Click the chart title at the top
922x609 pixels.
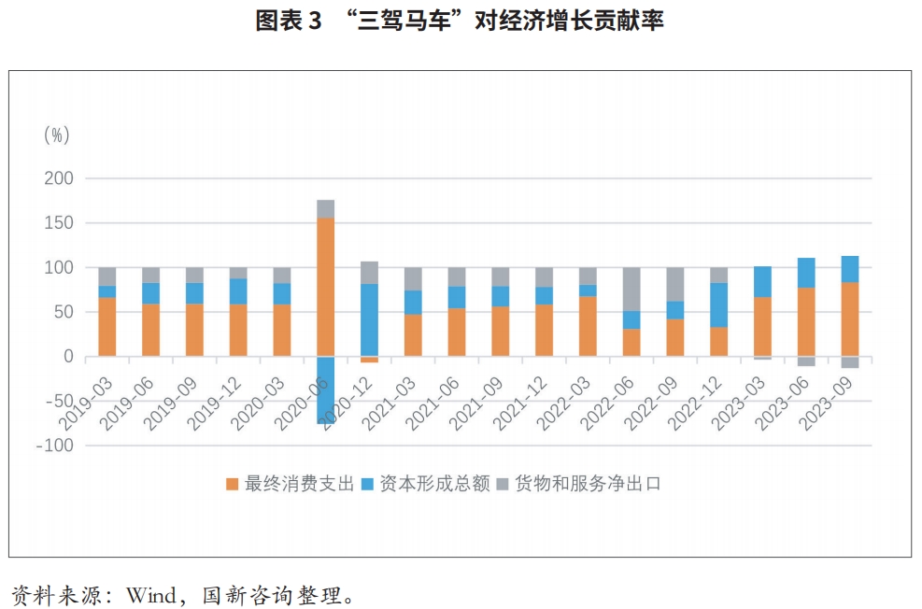point(460,21)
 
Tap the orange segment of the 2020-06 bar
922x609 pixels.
point(326,287)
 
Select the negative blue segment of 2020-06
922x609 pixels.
point(326,389)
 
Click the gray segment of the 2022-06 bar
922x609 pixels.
point(631,290)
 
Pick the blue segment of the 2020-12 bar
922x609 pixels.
point(369,319)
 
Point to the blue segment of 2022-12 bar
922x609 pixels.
point(718,305)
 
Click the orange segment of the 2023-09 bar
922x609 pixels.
point(850,319)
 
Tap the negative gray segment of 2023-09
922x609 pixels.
point(850,362)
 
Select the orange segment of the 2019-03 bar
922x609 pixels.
point(107,327)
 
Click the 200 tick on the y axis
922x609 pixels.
point(59,178)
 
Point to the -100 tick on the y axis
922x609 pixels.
point(55,446)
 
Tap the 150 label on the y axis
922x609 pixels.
point(59,223)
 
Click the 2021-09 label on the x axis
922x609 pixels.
point(476,404)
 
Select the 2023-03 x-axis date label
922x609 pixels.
point(739,404)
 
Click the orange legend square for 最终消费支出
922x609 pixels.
point(233,485)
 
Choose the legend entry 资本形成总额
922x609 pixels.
point(426,484)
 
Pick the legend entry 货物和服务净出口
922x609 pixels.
point(579,484)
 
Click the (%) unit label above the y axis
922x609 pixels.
point(57,135)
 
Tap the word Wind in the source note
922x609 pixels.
point(151,596)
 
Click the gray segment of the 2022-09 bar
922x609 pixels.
point(675,285)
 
